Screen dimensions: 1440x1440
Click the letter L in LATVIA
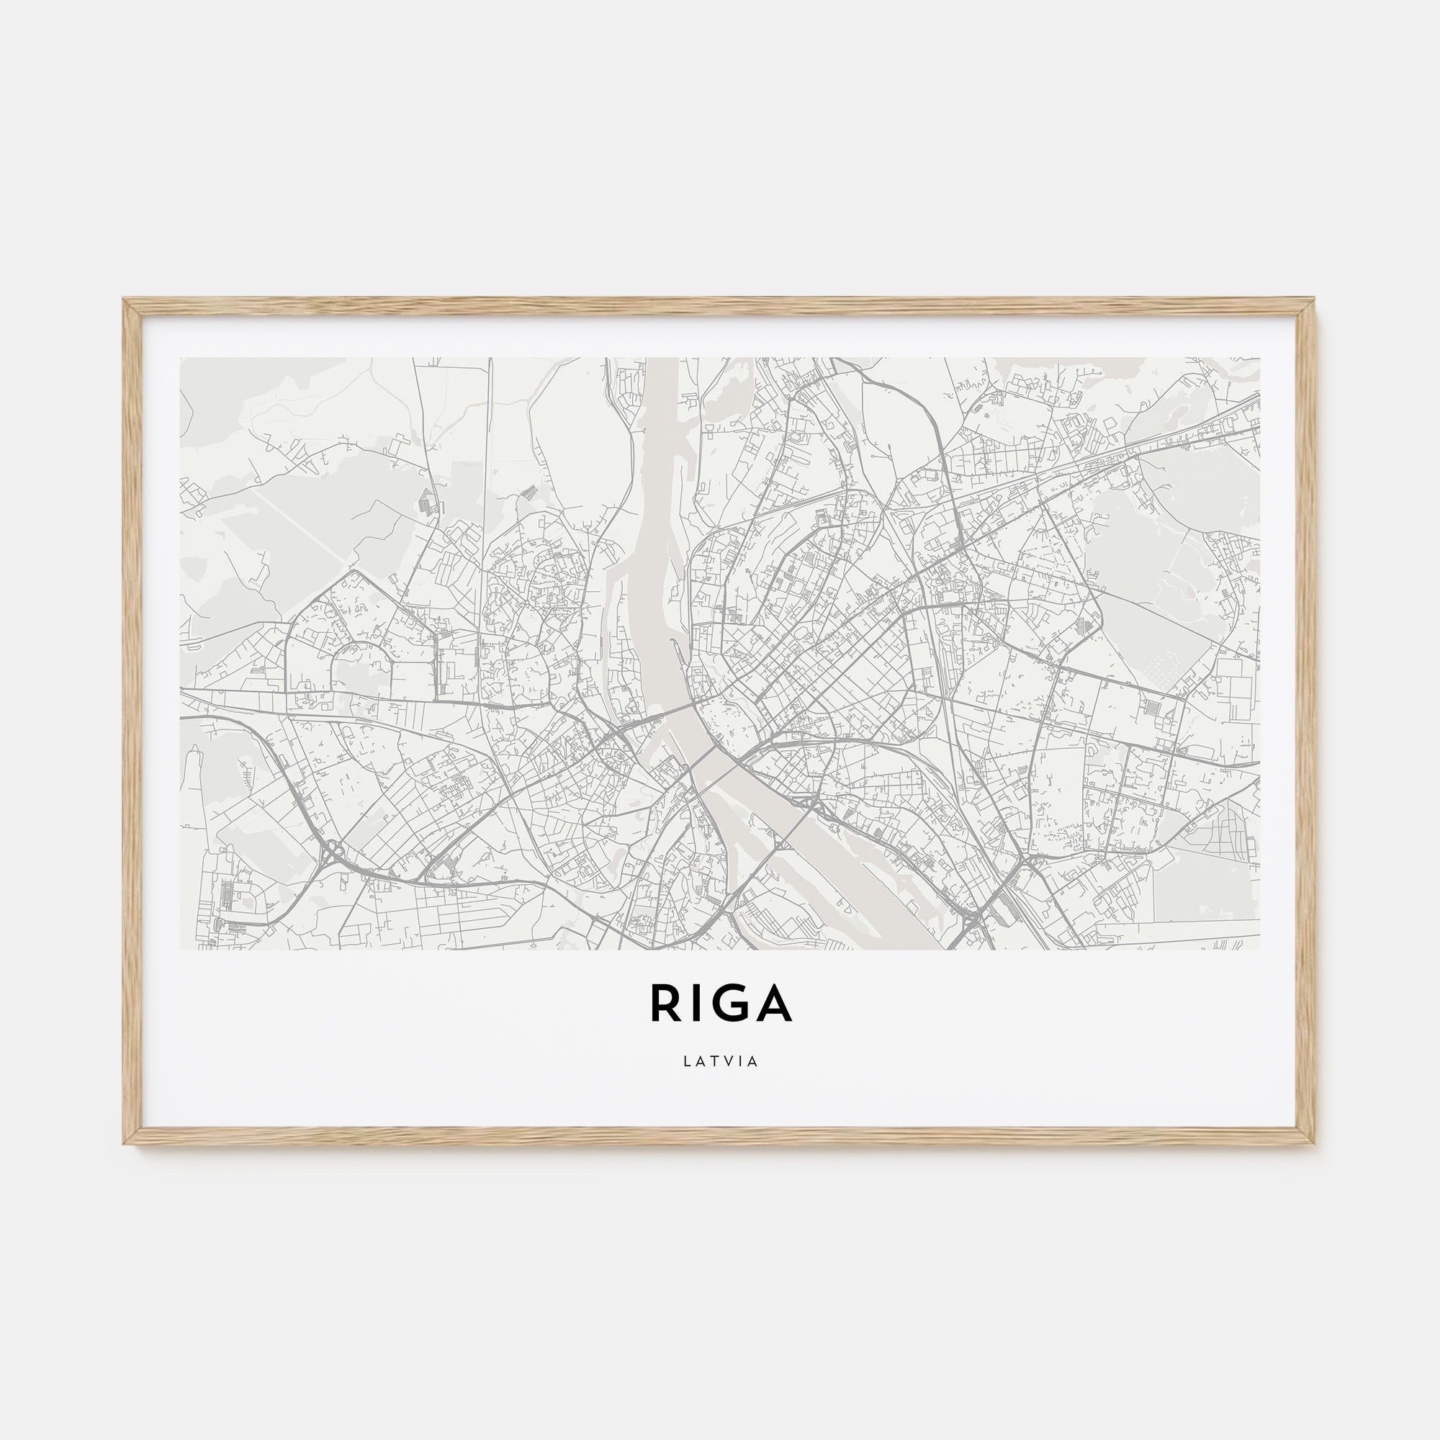click(x=686, y=1061)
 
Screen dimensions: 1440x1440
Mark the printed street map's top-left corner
click(x=181, y=359)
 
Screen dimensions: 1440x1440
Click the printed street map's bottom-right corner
click(x=1259, y=949)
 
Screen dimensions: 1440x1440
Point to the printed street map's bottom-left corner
click(x=181, y=949)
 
